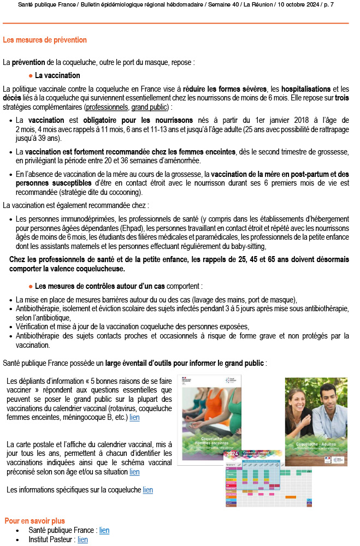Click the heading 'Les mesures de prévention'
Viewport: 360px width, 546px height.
click(44, 40)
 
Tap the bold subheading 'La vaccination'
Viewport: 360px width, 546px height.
click(57, 75)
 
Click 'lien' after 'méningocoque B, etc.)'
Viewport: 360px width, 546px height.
click(134, 417)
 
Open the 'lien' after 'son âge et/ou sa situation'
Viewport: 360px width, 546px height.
click(134, 472)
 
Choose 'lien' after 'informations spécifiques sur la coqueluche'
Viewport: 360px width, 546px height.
click(147, 490)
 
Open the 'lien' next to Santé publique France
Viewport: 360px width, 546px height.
click(104, 530)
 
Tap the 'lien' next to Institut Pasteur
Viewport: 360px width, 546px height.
click(82, 539)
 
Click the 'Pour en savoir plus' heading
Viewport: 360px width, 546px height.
click(34, 521)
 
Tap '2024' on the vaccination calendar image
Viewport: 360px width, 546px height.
click(233, 453)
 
